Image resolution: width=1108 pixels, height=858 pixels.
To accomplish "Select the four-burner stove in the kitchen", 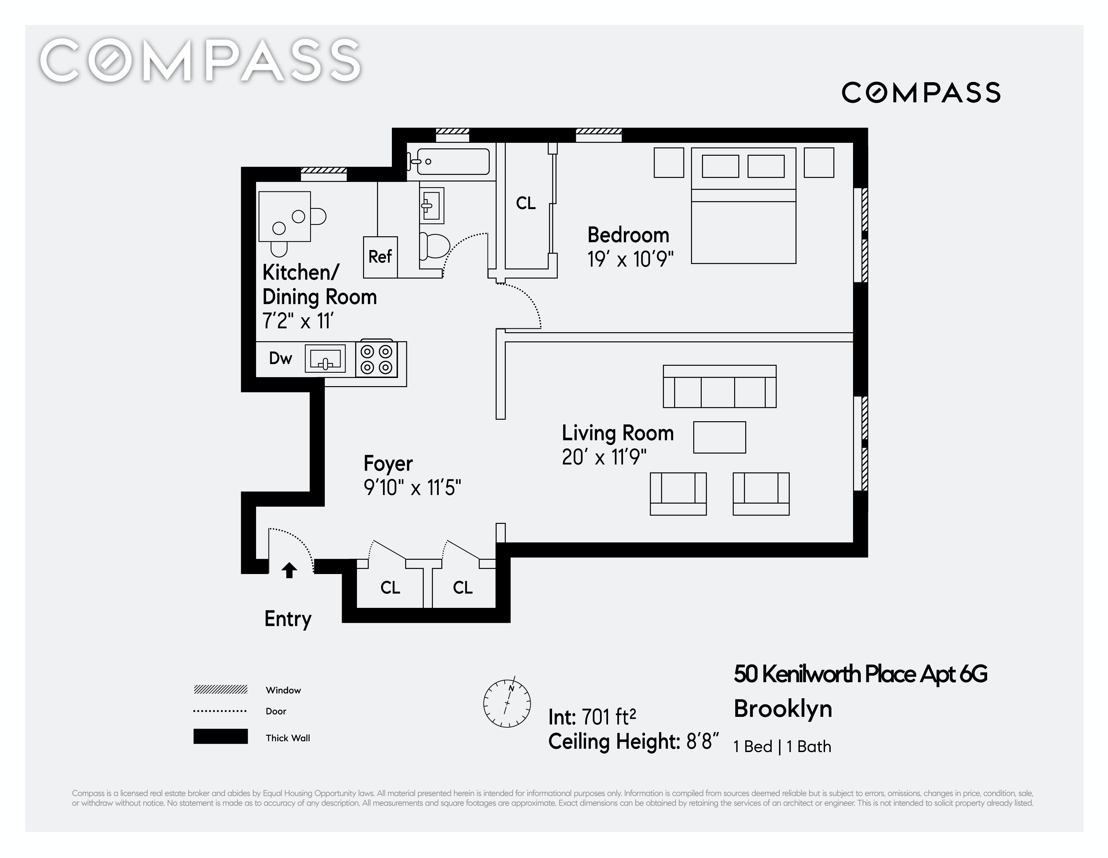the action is pyautogui.click(x=376, y=359).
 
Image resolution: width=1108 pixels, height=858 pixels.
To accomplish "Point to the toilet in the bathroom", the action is pyautogui.click(x=435, y=246).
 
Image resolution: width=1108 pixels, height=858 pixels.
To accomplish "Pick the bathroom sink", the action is pyautogui.click(x=431, y=205).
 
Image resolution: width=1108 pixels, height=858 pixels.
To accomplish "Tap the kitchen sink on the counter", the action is pyautogui.click(x=325, y=359).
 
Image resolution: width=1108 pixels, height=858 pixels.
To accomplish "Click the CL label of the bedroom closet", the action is pyautogui.click(x=525, y=203).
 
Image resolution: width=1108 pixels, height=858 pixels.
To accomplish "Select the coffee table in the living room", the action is pyautogui.click(x=719, y=437).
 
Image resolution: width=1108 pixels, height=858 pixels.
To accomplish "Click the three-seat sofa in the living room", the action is pyautogui.click(x=719, y=386).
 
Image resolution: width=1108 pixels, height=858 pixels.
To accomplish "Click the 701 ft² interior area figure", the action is pyautogui.click(x=609, y=717).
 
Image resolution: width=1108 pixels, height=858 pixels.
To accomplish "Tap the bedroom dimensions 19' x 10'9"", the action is pyautogui.click(x=630, y=260).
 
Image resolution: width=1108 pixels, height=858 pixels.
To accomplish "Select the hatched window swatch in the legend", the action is pyautogui.click(x=220, y=689).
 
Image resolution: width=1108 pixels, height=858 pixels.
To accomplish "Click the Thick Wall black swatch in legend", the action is pyautogui.click(x=220, y=737).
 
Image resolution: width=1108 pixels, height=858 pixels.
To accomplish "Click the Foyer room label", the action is pyautogui.click(x=388, y=463).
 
